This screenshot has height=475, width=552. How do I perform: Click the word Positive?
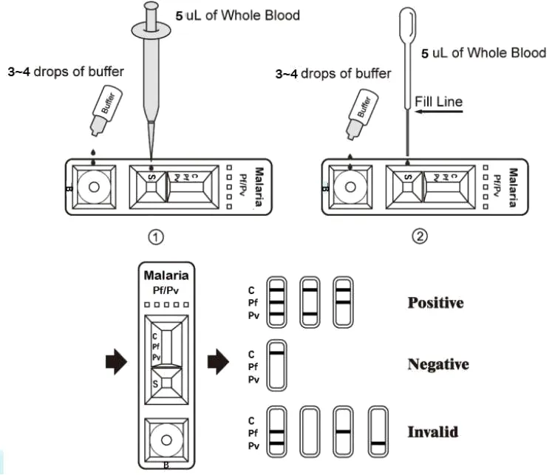[x=435, y=303]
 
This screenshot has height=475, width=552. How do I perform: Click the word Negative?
[x=438, y=364]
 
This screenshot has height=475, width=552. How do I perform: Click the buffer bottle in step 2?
[x=358, y=115]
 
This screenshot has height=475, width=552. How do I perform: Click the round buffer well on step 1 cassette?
[x=94, y=186]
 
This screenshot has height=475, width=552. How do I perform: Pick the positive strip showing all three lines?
[x=276, y=301]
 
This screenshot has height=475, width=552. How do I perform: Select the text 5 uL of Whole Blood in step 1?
[x=237, y=15]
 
